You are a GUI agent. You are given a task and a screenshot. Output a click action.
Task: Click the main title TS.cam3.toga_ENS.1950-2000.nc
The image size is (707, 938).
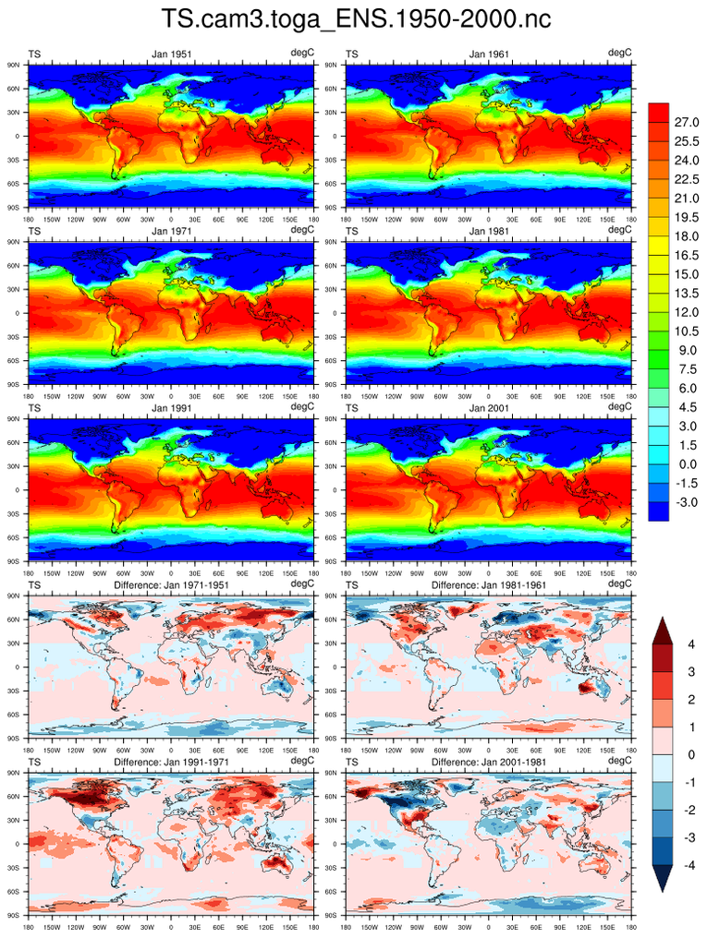[x=353, y=19]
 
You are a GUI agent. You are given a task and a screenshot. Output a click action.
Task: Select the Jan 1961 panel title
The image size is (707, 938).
[x=488, y=54]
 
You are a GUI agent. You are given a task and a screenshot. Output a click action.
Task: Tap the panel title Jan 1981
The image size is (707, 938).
[x=488, y=231]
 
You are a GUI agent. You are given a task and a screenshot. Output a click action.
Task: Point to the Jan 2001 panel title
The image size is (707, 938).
[x=488, y=407]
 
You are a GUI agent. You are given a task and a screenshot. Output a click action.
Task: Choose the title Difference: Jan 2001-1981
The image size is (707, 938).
[x=488, y=762]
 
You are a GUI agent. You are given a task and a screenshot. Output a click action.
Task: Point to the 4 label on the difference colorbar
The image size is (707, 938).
[x=690, y=643]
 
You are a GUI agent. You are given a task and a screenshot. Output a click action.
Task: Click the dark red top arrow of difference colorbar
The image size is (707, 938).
[x=664, y=631]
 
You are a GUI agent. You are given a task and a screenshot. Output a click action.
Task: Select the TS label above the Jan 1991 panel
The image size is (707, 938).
[x=34, y=407]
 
